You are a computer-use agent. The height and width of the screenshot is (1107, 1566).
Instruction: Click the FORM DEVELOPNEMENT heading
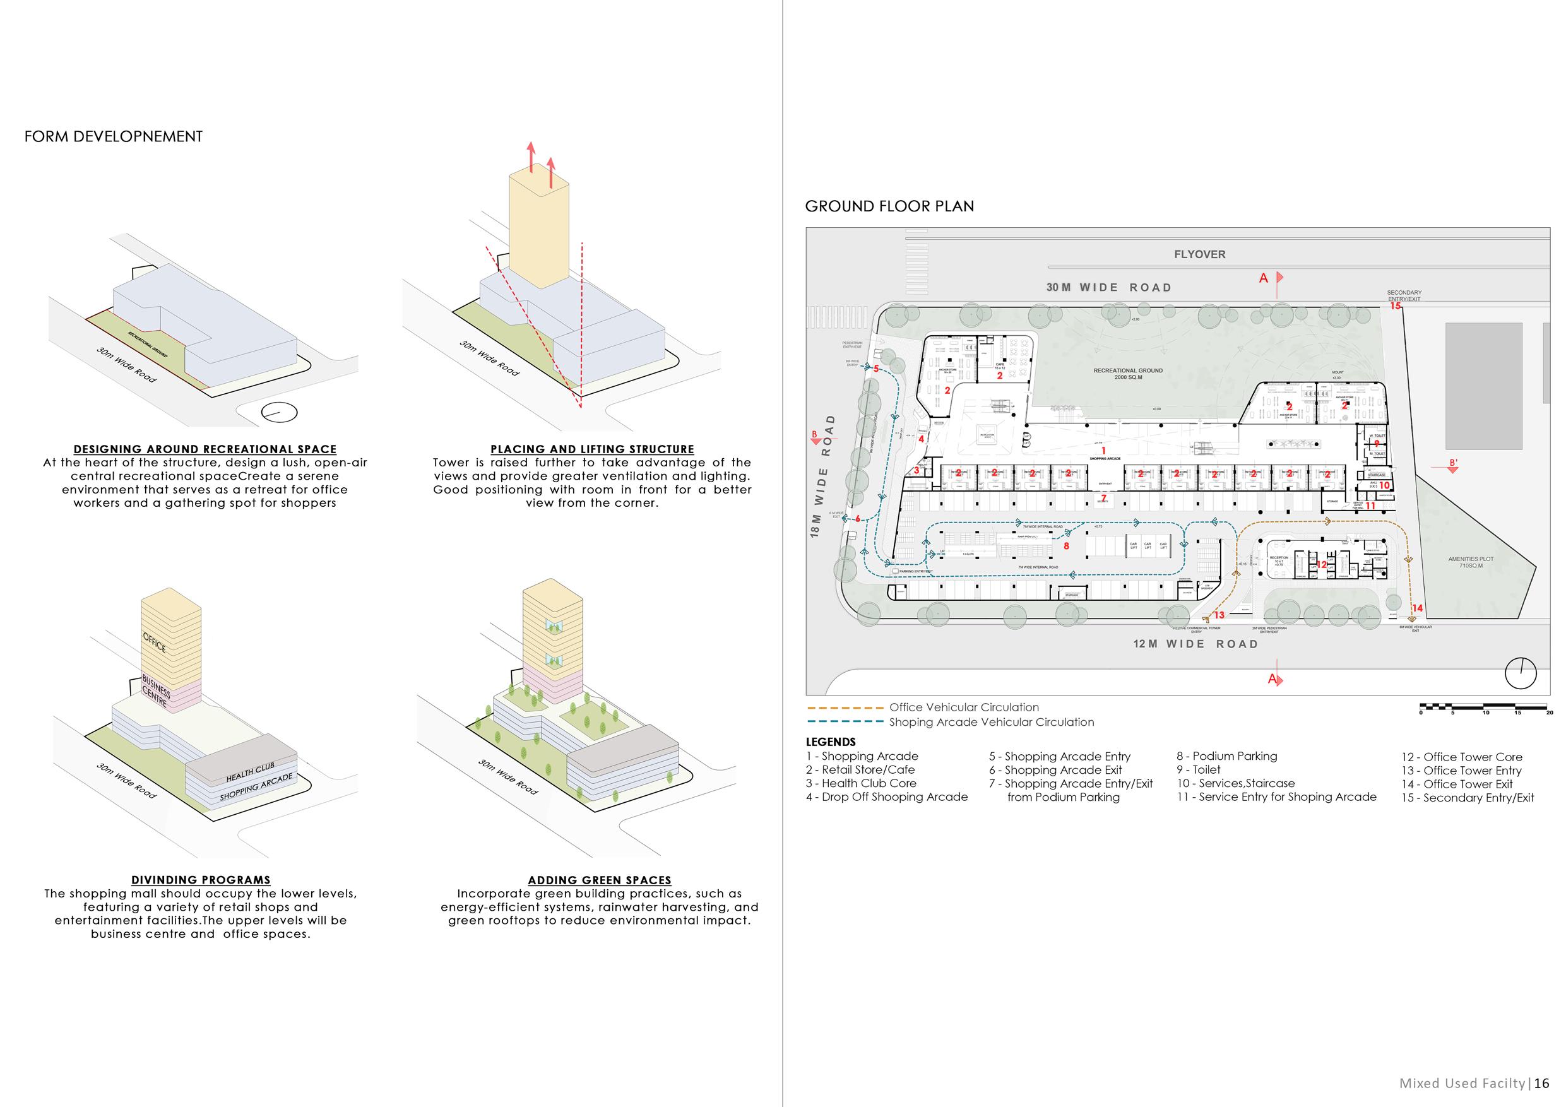click(113, 136)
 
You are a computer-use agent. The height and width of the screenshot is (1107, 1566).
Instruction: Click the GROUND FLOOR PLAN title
click(889, 206)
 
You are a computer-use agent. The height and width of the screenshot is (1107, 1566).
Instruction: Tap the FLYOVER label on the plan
click(1199, 254)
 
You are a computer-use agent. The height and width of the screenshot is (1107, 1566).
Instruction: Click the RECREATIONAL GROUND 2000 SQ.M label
click(1128, 374)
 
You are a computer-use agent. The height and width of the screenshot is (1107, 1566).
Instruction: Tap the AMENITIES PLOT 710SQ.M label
click(1471, 562)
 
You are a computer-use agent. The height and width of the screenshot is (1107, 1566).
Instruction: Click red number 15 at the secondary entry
click(1396, 306)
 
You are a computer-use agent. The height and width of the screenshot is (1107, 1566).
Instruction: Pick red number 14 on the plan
click(1417, 608)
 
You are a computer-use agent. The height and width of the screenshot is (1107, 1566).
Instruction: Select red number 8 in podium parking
click(1066, 546)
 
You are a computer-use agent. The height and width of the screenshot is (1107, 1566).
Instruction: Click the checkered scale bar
click(1485, 707)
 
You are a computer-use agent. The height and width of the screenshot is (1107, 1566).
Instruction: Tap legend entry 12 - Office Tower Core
click(1462, 757)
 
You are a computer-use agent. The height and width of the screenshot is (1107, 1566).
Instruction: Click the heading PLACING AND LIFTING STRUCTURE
click(592, 449)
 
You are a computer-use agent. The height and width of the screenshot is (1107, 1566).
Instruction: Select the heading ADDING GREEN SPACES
click(600, 880)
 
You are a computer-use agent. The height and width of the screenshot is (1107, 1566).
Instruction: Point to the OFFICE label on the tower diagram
click(154, 642)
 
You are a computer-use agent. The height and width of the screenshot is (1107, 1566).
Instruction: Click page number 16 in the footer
click(1541, 1083)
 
